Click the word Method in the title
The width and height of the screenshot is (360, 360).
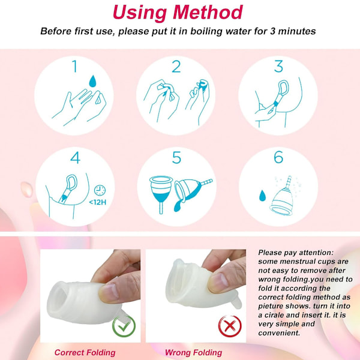tap(208, 12)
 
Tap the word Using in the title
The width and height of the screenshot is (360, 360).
tap(140, 13)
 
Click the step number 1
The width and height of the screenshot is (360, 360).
tap(74, 67)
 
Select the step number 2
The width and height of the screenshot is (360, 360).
tap(176, 67)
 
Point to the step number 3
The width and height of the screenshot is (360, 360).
tap(278, 66)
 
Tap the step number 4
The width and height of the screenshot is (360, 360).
tap(75, 157)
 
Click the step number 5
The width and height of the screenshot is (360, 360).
tap(176, 157)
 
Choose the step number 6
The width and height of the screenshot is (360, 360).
tap(278, 157)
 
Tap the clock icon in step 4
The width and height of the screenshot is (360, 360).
tap(100, 190)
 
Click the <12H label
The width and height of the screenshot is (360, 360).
tap(98, 202)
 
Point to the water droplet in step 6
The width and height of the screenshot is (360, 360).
tap(262, 196)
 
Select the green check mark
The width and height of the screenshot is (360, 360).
tap(124, 326)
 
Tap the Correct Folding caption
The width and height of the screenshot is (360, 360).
tap(85, 352)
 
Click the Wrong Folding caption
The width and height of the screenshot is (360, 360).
tap(193, 352)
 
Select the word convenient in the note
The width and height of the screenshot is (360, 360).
tap(279, 333)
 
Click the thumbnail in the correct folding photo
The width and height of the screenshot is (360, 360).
tap(109, 292)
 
